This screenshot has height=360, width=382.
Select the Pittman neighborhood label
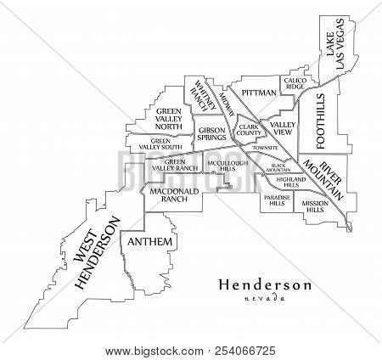tap(258, 92)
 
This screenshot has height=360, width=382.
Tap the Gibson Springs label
tap(211, 133)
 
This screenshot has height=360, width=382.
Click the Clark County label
tap(249, 131)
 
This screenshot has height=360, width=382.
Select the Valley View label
tap(281, 128)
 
